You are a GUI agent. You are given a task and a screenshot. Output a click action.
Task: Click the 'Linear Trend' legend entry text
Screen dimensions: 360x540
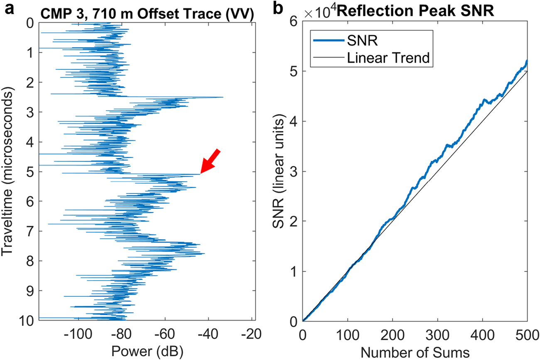tap(388, 58)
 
